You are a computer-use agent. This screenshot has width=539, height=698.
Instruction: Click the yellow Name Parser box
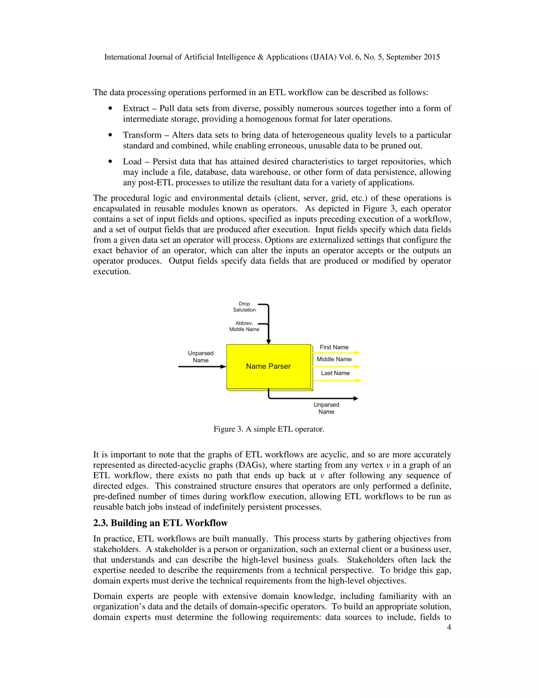(x=268, y=366)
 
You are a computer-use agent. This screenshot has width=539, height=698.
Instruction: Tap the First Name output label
(x=334, y=347)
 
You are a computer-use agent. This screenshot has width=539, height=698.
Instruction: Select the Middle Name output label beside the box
(x=334, y=359)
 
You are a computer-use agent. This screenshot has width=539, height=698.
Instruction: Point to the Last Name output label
(x=335, y=373)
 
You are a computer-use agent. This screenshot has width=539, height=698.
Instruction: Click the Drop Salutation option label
(x=244, y=307)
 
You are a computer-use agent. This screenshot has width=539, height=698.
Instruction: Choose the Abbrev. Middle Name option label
(x=244, y=326)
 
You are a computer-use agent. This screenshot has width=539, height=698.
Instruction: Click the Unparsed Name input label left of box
(x=201, y=357)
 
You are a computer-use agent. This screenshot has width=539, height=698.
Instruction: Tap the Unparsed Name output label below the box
(x=326, y=408)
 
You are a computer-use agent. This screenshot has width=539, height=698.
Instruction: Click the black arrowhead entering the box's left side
(x=223, y=367)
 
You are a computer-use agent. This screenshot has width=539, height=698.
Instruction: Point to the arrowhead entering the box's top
(x=268, y=342)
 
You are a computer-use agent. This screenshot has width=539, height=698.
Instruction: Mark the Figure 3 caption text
(x=269, y=429)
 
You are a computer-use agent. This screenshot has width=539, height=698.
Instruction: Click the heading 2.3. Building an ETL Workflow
(x=160, y=523)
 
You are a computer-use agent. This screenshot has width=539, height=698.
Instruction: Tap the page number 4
(x=449, y=627)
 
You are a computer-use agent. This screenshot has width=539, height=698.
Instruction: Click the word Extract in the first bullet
(x=136, y=108)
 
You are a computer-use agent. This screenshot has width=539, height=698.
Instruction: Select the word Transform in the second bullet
(x=142, y=135)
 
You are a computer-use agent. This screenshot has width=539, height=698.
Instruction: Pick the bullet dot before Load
(x=111, y=162)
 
